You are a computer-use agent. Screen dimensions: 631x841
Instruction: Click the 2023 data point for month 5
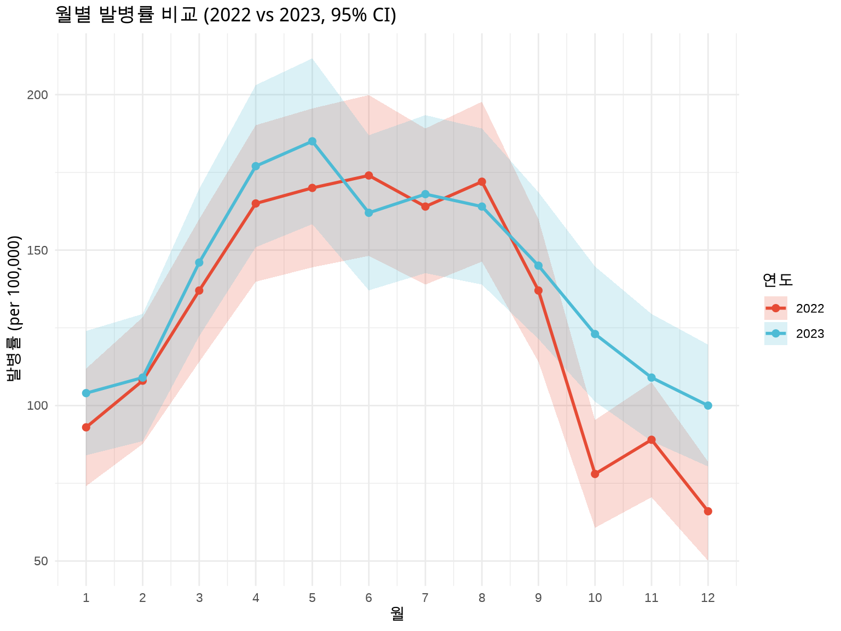click(x=312, y=141)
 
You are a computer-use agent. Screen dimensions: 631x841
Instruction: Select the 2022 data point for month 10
click(x=595, y=474)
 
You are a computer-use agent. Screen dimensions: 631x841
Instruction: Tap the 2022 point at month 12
click(x=708, y=511)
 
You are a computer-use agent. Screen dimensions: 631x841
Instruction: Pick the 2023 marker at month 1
click(x=86, y=393)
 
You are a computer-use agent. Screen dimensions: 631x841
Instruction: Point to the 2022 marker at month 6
click(x=369, y=175)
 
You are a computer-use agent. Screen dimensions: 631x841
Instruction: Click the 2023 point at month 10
click(x=595, y=334)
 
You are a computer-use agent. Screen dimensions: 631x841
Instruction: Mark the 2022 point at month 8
click(x=482, y=182)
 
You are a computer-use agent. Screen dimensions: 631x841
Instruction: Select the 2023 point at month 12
click(x=708, y=405)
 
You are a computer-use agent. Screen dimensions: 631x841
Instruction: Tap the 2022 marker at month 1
click(x=86, y=427)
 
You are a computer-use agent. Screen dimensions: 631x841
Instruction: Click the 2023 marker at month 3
click(x=199, y=262)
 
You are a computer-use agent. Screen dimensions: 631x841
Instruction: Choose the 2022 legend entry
click(x=794, y=308)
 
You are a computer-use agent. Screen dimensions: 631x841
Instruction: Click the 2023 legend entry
click(x=794, y=334)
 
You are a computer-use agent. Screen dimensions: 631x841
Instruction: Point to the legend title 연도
click(x=777, y=280)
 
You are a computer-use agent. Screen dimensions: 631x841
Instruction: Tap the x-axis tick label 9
click(x=538, y=598)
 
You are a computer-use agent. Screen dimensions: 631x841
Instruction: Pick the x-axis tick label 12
click(x=708, y=598)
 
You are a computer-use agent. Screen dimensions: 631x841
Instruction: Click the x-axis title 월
click(x=398, y=615)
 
